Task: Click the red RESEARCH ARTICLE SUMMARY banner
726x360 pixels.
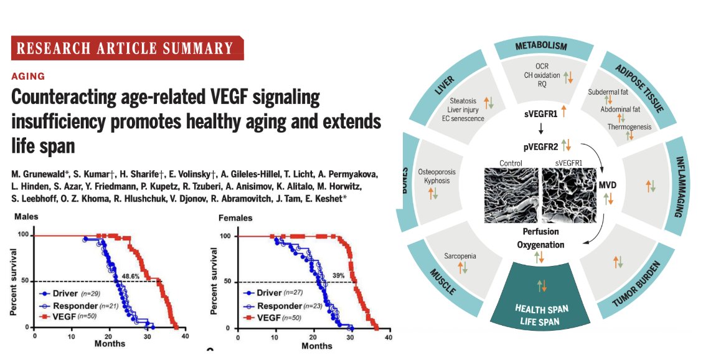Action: [x=127, y=49]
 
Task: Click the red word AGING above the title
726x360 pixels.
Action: [x=28, y=76]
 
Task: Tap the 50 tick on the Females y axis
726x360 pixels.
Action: [x=211, y=282]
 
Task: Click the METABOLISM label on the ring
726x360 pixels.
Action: [x=540, y=47]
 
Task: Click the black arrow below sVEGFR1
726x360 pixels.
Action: [x=540, y=129]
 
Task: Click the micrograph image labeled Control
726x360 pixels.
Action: [x=511, y=193]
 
